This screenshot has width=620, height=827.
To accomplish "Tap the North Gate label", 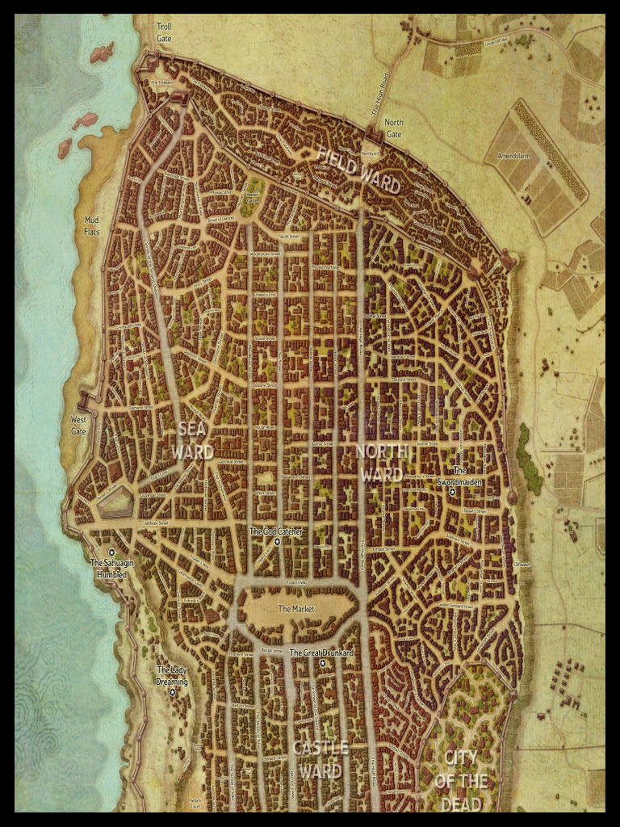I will (393, 128).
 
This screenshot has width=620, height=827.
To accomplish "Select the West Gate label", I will (78, 426).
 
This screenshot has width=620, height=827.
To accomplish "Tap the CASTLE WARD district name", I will (320, 759).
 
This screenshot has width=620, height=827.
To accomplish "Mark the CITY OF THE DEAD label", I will (461, 780).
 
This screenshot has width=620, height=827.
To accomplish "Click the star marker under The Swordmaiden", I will (453, 492).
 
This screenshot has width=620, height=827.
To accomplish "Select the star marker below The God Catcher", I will (277, 543).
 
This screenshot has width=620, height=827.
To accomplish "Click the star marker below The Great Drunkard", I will (322, 663).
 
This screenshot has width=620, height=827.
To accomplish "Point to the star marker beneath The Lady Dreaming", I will (172, 692).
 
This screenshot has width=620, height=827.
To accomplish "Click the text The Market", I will (295, 609).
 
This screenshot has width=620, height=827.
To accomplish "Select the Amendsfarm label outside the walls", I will (513, 156).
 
